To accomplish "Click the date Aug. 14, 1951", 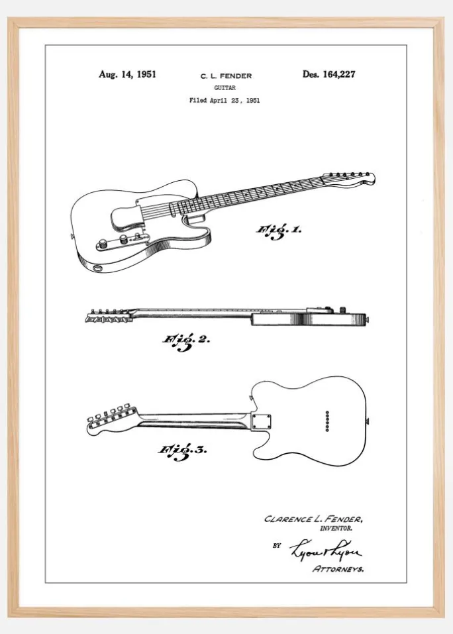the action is point(127,74).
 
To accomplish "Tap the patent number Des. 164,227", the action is point(329,74).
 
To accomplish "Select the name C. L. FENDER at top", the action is point(226,76).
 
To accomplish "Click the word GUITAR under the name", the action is point(225,87).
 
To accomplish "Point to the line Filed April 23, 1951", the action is point(225,101).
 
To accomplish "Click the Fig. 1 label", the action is point(279,231).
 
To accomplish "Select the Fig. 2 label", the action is point(186,342).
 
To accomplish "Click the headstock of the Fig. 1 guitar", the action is point(350,179).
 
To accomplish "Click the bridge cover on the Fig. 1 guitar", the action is point(127,217).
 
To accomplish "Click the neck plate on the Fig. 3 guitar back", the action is point(261,421).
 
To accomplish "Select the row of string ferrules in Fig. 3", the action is point(327,421).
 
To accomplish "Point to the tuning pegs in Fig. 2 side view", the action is point(109,316).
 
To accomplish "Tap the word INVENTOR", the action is point(336,528).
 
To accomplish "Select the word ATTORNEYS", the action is point(338,569).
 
